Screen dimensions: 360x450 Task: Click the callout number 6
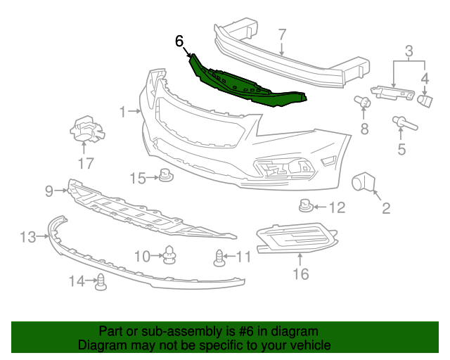179,41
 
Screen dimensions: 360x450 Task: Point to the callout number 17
85,164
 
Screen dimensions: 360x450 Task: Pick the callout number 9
49,191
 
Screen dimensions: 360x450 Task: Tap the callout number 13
27,237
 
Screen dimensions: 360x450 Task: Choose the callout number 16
300,274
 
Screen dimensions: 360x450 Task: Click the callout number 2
385,207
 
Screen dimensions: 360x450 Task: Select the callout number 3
408,51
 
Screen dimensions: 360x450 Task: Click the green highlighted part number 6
250,84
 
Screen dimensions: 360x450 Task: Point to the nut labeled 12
304,207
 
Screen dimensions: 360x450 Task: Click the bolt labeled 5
404,126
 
